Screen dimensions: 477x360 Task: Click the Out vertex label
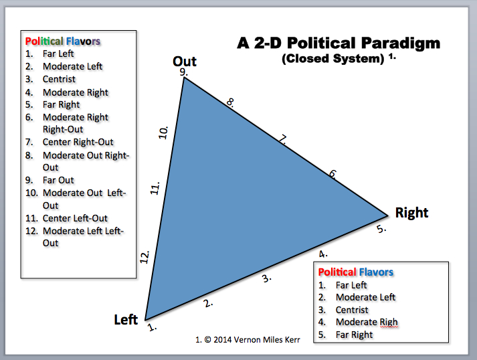(x=185, y=62)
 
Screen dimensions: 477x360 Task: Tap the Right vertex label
(x=411, y=213)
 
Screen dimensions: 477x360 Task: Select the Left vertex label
(x=126, y=319)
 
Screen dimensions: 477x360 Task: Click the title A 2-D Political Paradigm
(x=339, y=43)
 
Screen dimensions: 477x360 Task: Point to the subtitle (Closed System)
(x=332, y=58)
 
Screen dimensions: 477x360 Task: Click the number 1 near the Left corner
(x=152, y=328)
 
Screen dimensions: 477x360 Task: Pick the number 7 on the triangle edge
(x=283, y=140)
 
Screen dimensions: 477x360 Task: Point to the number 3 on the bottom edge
(x=266, y=278)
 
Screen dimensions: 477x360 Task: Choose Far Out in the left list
(x=58, y=180)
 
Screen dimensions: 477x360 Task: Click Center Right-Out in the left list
(x=78, y=142)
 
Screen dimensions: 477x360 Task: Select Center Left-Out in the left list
(x=75, y=218)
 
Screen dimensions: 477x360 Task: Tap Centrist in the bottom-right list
(x=352, y=310)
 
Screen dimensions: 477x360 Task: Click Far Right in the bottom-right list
(x=354, y=335)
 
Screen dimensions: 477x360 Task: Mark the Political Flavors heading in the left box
(x=63, y=41)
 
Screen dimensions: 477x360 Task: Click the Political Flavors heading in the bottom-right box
(x=356, y=272)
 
